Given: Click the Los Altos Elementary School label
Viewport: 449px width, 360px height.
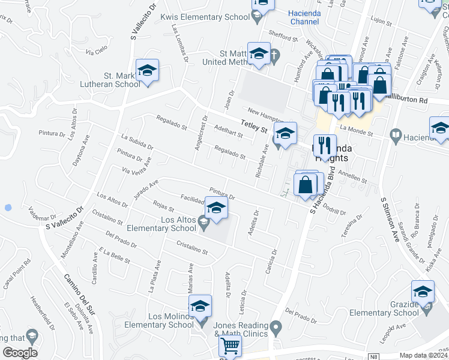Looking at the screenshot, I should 161,224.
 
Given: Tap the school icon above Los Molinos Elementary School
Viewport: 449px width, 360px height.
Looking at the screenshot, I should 200,306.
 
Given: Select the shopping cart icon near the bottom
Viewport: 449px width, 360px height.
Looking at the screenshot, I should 230,346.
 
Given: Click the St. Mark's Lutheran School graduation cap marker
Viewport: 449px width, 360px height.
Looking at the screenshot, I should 147,71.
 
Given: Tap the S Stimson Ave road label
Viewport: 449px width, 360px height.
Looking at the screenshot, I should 387,220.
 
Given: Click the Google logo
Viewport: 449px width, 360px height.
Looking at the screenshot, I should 20,353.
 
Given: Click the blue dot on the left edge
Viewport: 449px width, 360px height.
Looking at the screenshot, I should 7,208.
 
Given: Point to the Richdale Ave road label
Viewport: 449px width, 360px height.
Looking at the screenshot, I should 262,157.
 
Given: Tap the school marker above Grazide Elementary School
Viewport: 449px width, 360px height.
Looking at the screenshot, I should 423,292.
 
